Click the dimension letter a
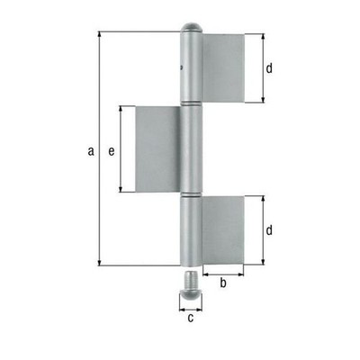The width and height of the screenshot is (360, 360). tap(91, 151)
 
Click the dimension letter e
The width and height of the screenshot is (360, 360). tap(112, 152)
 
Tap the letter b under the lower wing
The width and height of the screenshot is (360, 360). tap(223, 283)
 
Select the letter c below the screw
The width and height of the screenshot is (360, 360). tap(191, 318)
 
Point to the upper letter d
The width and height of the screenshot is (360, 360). tap(269, 68)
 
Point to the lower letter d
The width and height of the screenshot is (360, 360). tap(269, 230)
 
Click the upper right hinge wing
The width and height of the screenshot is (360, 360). tap(224, 68)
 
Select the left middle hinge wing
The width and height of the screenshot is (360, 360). tap(158, 149)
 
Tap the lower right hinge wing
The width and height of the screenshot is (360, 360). tap(222, 230)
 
